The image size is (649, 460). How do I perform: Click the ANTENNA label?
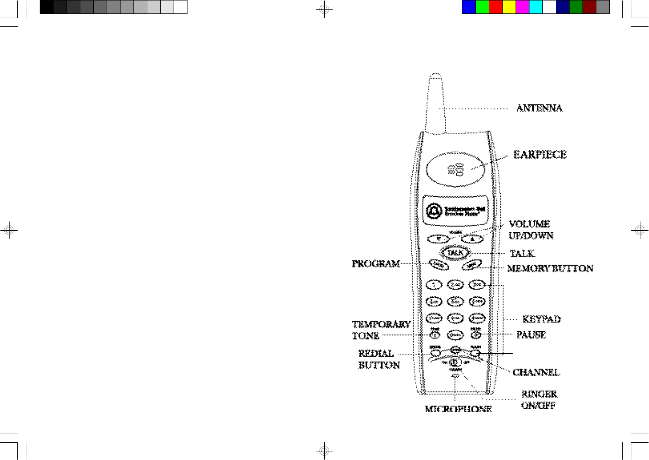click(539, 108)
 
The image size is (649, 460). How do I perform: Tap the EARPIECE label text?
click(539, 155)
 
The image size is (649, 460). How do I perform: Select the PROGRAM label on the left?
click(375, 264)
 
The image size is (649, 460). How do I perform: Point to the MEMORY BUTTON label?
click(550, 269)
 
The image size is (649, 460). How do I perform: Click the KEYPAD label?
click(541, 319)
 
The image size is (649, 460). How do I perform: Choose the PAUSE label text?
click(531, 335)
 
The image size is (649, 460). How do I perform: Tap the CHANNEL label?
click(536, 372)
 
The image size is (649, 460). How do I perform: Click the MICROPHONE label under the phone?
click(458, 409)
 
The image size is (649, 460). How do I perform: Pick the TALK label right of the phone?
click(522, 254)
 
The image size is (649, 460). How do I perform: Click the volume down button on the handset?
click(439, 238)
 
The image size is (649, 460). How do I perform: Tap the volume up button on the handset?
click(472, 238)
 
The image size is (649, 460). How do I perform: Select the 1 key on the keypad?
click(434, 285)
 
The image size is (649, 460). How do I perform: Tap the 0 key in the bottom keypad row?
click(455, 335)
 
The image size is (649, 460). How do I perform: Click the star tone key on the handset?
click(435, 335)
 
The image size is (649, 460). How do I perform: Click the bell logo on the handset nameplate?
click(434, 211)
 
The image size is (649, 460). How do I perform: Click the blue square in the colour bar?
click(469, 7)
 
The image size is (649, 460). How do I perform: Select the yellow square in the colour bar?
click(509, 7)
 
